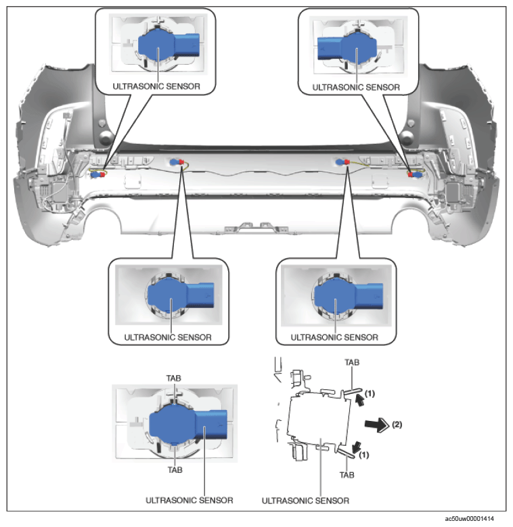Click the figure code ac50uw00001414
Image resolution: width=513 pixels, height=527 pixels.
click(469, 519)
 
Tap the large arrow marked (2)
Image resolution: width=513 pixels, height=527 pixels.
click(377, 424)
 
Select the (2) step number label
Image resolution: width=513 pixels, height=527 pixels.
click(397, 424)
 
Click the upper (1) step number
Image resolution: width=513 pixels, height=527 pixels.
click(370, 393)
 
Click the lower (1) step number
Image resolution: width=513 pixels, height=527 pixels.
click(364, 455)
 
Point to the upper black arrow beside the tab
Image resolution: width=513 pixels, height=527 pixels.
click(360, 400)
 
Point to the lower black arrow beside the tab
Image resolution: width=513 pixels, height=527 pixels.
click(356, 447)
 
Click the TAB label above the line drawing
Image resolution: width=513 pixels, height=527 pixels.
click(352, 362)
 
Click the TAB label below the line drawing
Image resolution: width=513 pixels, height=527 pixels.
click(347, 475)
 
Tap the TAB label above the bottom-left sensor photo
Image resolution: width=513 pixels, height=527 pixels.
click(174, 378)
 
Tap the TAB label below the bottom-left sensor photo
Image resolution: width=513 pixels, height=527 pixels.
click(175, 470)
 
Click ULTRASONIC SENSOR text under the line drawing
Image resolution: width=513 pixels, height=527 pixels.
click(306, 501)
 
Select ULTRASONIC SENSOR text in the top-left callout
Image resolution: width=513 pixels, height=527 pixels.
click(156, 86)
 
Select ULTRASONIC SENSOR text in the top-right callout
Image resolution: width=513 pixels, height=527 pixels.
click(356, 87)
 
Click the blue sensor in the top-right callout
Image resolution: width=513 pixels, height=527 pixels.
click(347, 47)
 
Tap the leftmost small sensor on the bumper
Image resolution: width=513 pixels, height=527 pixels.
click(98, 174)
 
